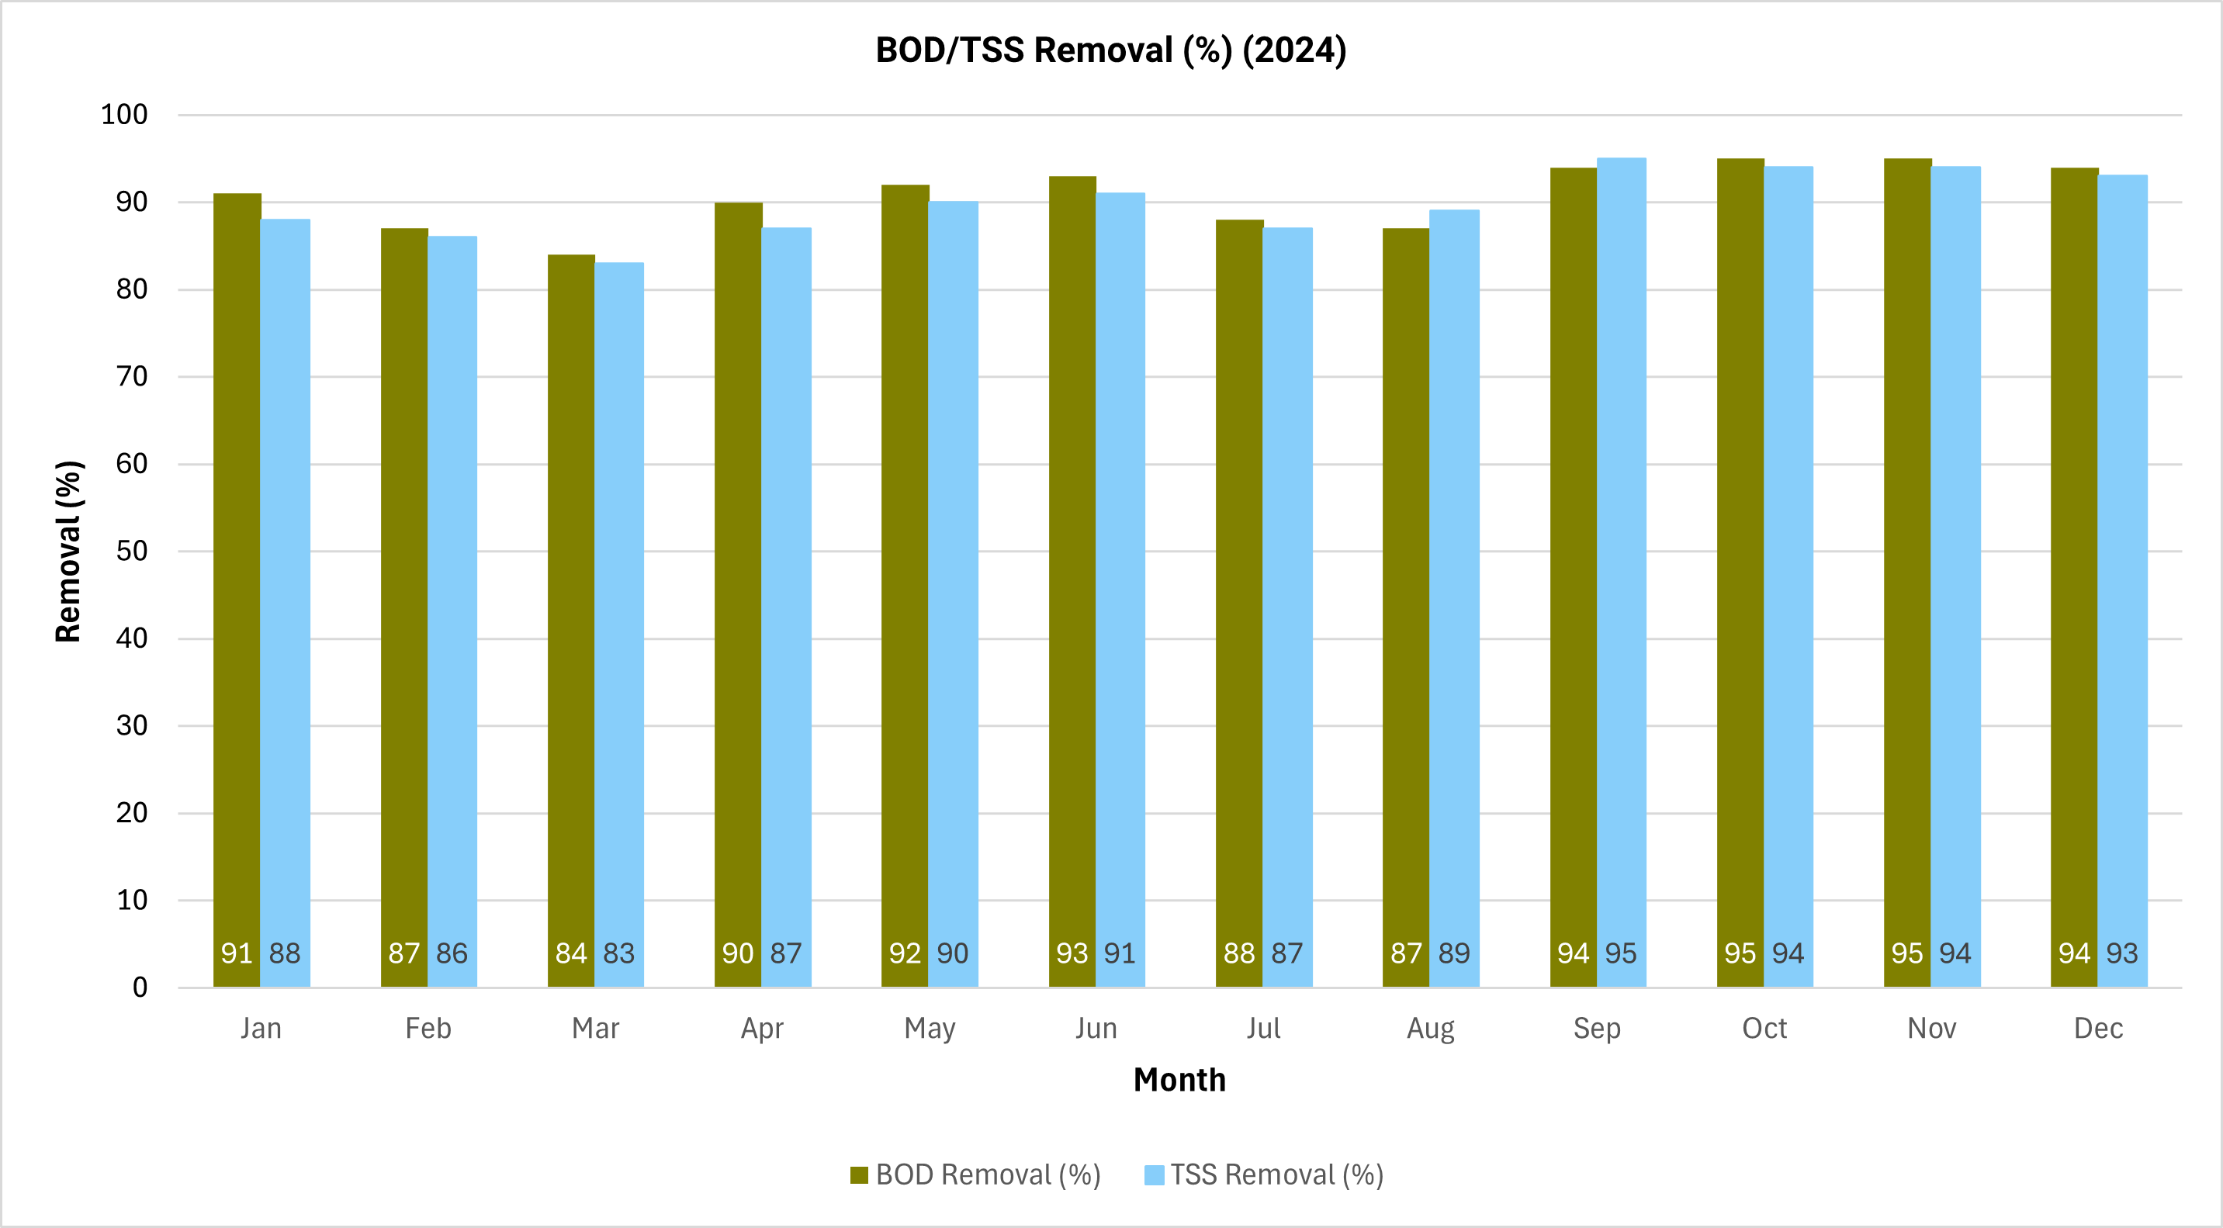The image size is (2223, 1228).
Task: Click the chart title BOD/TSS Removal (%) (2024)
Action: click(1110, 50)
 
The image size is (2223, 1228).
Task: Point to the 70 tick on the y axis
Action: click(132, 377)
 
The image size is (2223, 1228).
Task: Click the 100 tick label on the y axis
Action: click(124, 115)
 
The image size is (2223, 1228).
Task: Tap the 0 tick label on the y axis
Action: click(140, 988)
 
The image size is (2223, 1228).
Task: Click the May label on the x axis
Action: click(930, 1029)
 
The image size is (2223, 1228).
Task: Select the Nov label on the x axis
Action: click(1931, 1029)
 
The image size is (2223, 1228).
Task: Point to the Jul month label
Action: click(1263, 1029)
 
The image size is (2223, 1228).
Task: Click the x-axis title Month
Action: click(1179, 1080)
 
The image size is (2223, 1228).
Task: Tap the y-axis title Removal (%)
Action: click(68, 552)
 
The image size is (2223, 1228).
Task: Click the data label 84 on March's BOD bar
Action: click(571, 953)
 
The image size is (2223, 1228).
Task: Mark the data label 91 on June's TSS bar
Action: click(1120, 953)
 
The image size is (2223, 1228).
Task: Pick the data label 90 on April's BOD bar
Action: click(738, 953)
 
